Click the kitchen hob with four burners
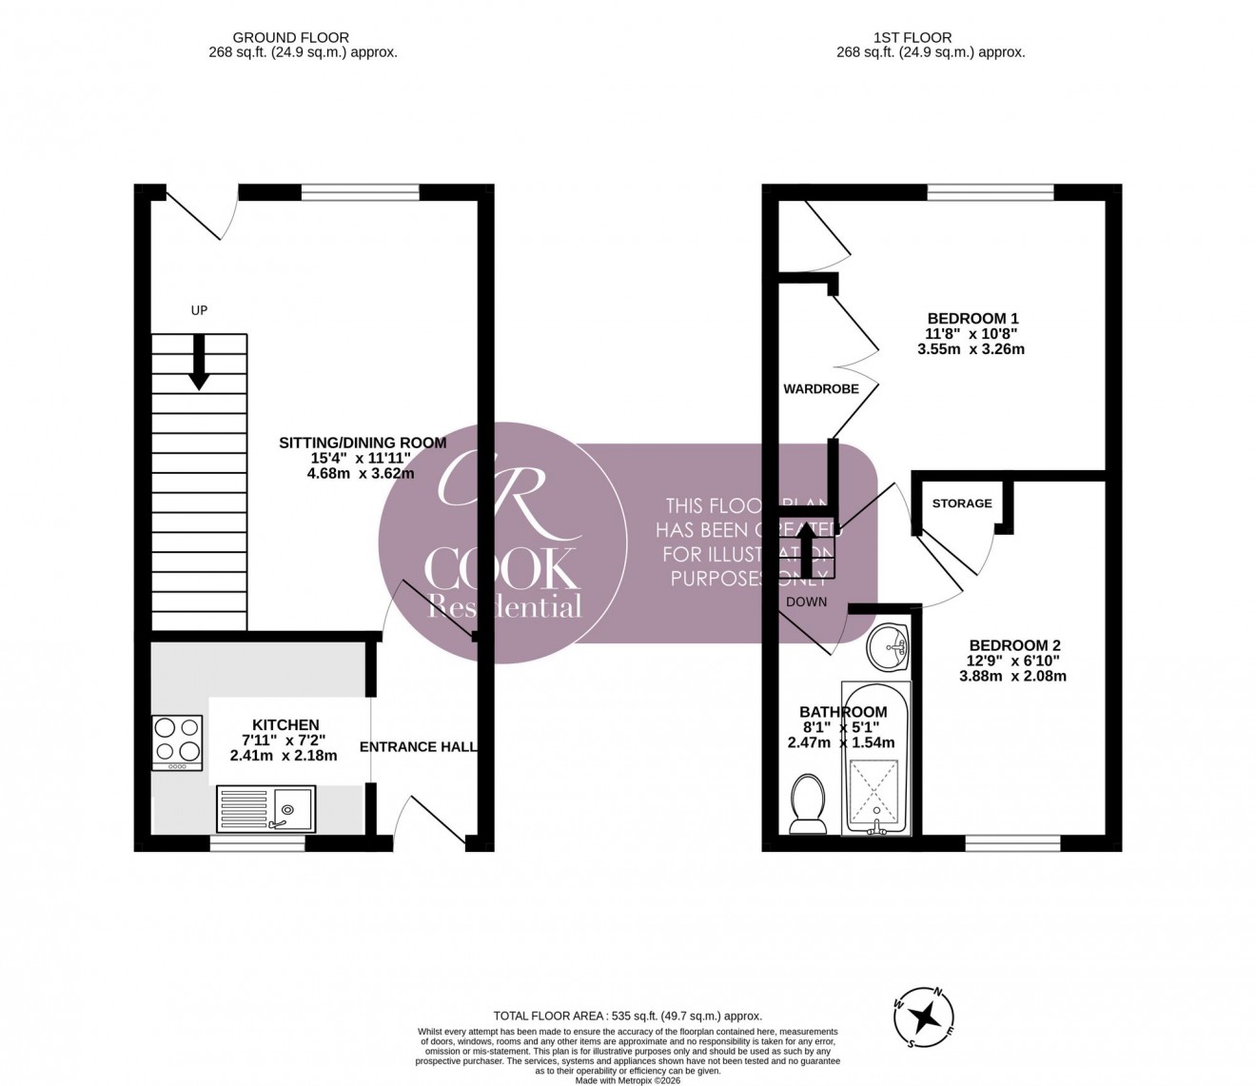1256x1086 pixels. tap(177, 742)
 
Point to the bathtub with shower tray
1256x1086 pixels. tap(875, 759)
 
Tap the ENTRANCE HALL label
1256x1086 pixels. tap(419, 747)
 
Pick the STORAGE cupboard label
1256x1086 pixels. tap(962, 504)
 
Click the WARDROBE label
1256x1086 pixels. tap(821, 389)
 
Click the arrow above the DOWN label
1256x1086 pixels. tap(808, 550)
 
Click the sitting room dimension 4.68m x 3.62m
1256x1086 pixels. tap(361, 473)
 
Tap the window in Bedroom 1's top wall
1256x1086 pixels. tap(991, 192)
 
